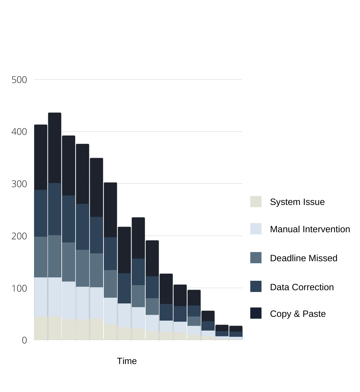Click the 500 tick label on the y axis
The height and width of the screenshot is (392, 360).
19,80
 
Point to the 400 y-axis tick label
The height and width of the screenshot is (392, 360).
19,132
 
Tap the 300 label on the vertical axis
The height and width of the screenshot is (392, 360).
19,184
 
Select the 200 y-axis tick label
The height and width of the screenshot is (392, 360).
19,236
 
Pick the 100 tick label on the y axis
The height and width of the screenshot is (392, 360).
19,289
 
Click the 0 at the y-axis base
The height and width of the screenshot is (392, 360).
24,340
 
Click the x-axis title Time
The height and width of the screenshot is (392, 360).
127,361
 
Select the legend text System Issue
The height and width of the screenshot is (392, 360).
297,202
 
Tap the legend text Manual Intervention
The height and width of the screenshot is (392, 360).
310,229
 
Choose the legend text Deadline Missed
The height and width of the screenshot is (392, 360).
304,258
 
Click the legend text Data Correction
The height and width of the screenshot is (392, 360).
302,287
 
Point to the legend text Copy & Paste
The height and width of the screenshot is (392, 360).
298,314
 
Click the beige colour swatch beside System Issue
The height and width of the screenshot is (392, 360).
256,202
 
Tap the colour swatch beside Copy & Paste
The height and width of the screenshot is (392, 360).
256,313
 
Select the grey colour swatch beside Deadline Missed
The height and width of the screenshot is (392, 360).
256,258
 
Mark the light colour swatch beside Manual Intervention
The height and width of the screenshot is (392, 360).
256,229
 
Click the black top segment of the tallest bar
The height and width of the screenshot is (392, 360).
55,148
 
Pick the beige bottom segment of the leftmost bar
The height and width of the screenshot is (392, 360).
41,328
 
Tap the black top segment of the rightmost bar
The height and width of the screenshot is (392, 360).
236,329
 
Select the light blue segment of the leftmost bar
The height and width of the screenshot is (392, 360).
41,297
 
